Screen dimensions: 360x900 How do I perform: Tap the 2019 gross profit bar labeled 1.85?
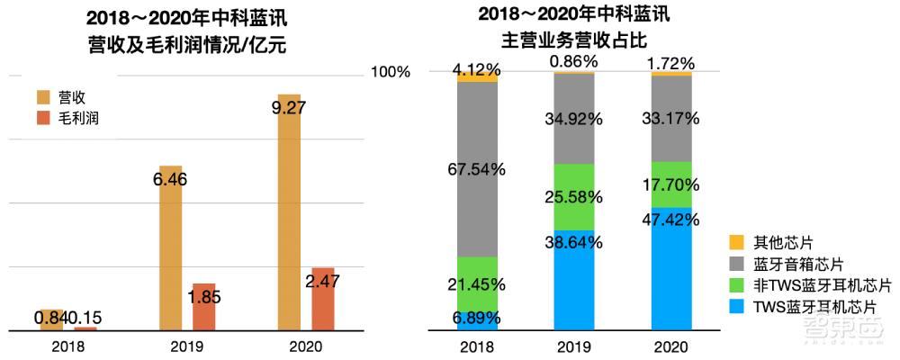coord(204,307)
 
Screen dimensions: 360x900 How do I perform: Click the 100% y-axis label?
coord(391,71)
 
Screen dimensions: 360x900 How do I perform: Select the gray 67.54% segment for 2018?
coord(477,169)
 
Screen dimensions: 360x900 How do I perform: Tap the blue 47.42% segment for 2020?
coord(671,270)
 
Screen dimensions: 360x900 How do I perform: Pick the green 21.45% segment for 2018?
coord(477,283)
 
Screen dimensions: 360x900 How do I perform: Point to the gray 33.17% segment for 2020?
coord(671,118)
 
